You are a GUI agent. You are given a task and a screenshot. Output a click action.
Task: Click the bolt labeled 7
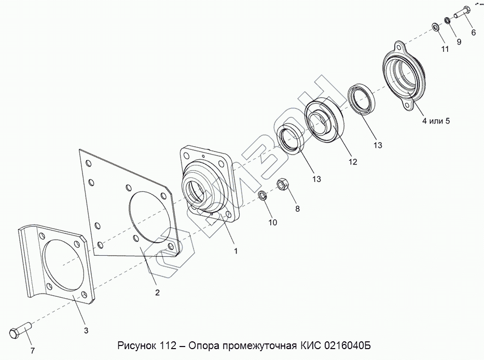20,329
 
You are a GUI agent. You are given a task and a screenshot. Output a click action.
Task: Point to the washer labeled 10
262,196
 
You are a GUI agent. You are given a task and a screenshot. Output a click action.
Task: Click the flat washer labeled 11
436,27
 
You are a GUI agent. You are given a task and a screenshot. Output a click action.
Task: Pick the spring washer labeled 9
447,21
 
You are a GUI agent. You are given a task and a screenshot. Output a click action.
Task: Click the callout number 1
236,251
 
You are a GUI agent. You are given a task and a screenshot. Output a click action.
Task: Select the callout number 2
157,293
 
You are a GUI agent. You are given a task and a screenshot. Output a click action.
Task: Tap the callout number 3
86,330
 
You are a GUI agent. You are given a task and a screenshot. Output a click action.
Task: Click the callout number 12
353,162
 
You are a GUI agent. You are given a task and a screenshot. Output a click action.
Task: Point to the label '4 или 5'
436,121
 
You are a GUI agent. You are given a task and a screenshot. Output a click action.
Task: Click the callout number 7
32,351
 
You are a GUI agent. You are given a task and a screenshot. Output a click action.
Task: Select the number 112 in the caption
168,345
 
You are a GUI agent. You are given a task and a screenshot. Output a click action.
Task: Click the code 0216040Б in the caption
347,345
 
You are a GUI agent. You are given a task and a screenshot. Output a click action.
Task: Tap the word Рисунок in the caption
138,346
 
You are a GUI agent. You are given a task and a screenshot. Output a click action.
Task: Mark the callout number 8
297,209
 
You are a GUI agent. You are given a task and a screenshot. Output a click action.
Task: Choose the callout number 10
273,223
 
